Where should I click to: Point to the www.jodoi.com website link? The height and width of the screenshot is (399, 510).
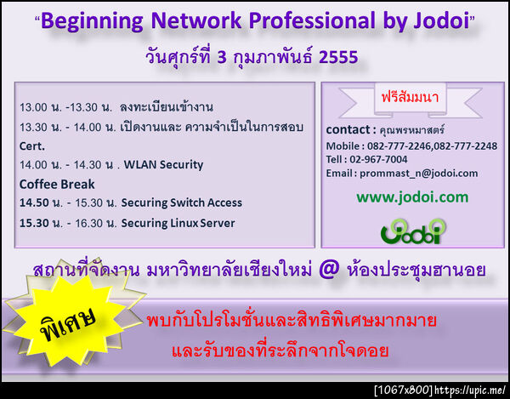coord(412,197)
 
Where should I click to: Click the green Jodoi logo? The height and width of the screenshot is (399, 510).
coord(412,230)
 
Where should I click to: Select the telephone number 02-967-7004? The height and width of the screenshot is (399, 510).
coord(378,158)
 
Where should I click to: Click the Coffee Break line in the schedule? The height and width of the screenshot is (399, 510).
coord(57,184)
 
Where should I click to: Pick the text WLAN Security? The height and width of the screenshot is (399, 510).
coord(162,164)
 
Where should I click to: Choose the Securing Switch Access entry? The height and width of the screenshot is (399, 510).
coord(181,202)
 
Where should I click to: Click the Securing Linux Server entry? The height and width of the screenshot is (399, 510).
coord(178,223)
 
